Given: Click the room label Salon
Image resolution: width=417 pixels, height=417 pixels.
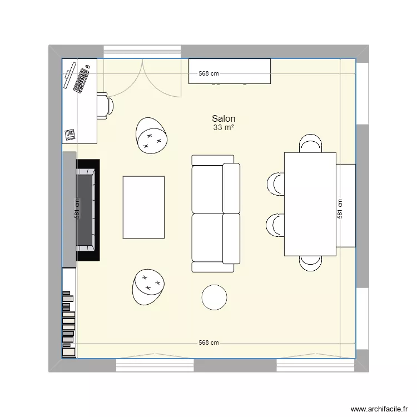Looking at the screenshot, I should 223,118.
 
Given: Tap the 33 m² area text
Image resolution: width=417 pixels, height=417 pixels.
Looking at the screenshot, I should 223,128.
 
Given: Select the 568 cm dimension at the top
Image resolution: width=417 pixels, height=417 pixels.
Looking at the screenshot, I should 209,73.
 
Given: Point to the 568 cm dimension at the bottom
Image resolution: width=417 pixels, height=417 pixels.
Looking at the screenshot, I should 209,343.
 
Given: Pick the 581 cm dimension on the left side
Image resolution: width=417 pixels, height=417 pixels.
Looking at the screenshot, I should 78,209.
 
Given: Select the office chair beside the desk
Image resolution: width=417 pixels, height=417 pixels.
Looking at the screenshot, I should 103,105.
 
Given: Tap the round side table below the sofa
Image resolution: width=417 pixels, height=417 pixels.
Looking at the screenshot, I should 214,297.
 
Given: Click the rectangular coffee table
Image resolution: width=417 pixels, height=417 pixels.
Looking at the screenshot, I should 143,207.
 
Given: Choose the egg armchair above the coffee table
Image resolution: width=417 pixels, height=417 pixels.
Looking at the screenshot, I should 151,135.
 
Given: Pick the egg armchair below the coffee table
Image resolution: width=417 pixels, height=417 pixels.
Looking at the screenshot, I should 148,286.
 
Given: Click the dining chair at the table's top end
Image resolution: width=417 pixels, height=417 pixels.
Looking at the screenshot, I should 310,143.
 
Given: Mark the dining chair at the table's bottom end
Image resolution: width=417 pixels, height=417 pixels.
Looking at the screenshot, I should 310,262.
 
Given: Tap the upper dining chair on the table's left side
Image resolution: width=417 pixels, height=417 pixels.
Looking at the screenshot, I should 276,183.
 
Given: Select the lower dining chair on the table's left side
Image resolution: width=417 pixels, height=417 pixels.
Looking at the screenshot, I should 276,225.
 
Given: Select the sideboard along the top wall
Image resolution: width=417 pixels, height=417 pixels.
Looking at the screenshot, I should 230,71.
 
